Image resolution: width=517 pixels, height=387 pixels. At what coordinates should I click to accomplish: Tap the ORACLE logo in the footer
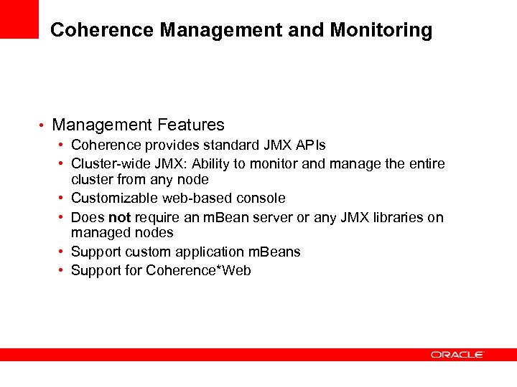[x=457, y=354]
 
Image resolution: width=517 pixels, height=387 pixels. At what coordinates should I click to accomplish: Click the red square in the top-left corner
[x=19, y=19]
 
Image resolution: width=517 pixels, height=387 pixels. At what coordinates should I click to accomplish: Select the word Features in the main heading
[x=190, y=125]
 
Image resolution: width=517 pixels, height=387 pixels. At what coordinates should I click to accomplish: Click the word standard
[x=220, y=145]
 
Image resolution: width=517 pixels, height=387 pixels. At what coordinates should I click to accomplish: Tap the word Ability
[x=210, y=163]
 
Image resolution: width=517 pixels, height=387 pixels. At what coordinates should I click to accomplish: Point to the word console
[x=261, y=198]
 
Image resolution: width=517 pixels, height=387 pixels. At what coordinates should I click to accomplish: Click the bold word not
[x=119, y=217]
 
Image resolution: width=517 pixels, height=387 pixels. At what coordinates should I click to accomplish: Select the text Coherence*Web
[x=198, y=270]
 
